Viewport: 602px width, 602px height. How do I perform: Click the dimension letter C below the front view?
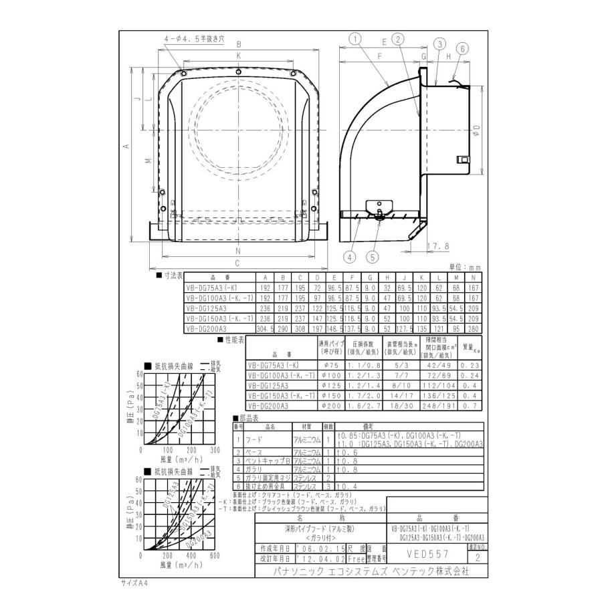[x=237, y=262]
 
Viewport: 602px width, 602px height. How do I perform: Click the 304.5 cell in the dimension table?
[x=266, y=328]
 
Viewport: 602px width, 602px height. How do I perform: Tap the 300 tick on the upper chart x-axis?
[x=215, y=450]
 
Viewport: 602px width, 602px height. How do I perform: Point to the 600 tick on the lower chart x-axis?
[x=215, y=556]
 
